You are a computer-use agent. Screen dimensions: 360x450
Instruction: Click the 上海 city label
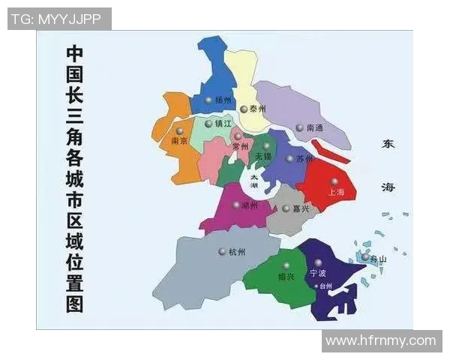pos(336,193)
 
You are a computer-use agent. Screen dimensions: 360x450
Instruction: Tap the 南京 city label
pos(179,141)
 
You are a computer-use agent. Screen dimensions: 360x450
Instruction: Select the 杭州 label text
pos(236,252)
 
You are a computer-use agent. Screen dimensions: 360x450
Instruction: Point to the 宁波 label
pos(319,274)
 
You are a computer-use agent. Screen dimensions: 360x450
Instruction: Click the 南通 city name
pos(315,128)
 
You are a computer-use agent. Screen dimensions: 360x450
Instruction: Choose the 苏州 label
pos(304,159)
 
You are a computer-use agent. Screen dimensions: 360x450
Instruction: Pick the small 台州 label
pos(325,286)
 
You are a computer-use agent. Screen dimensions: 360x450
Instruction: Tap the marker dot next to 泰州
pos(243,109)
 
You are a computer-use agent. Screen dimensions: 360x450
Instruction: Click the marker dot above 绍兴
pos(285,265)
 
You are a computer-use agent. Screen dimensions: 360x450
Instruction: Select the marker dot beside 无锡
pos(266,146)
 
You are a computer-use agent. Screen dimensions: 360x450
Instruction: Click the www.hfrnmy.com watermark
pos(380,341)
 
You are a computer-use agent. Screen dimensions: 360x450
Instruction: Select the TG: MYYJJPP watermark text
pos(58,19)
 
